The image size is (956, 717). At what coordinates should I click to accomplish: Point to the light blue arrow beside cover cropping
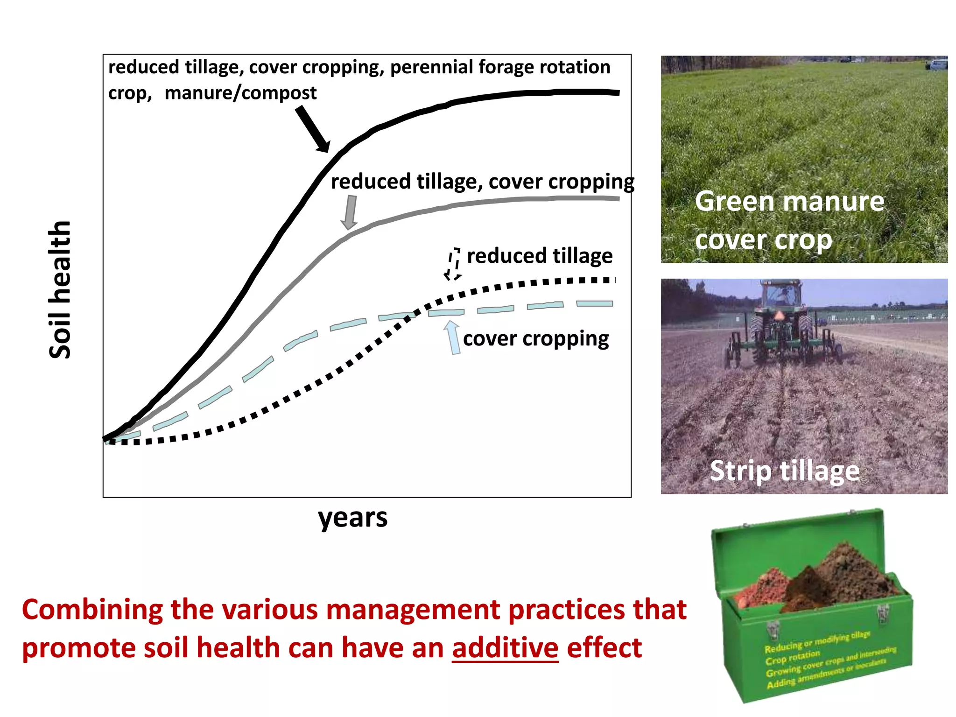coord(452,337)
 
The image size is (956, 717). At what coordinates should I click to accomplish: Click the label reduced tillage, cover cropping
coord(482,182)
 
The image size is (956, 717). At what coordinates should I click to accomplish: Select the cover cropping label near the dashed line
coord(536,338)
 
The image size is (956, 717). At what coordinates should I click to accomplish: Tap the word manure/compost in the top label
coord(240,93)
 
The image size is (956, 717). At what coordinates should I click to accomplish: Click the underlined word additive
coord(505,648)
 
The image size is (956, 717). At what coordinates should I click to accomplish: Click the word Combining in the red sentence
coord(92,610)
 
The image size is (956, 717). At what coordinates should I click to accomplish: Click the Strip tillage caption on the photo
coord(784,471)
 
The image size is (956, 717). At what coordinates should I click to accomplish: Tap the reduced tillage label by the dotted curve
coord(540,256)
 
